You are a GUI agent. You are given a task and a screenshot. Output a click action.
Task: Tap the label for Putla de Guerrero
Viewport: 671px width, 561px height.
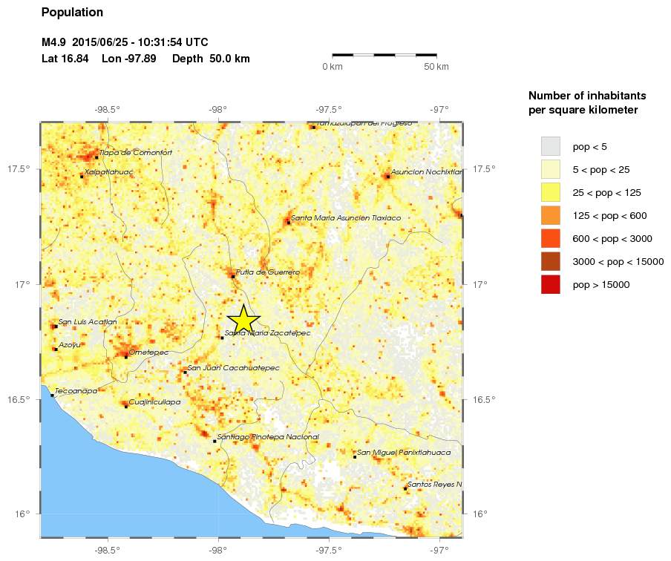[x=267, y=272]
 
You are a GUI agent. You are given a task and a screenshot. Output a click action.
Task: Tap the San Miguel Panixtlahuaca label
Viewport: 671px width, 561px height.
[x=404, y=452]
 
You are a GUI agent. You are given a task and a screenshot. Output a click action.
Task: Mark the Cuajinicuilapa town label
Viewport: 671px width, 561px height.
[x=154, y=401]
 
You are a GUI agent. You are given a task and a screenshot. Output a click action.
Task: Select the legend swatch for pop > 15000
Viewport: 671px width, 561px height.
[x=550, y=285]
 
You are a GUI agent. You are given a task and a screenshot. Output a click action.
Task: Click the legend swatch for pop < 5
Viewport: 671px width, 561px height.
[x=550, y=146]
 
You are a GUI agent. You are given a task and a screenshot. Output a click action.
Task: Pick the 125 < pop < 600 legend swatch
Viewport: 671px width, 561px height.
[x=550, y=215]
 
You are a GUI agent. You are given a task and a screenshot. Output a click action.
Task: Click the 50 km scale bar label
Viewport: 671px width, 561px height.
[x=436, y=68]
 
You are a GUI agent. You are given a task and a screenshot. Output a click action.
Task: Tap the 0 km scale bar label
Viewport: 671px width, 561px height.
[x=332, y=68]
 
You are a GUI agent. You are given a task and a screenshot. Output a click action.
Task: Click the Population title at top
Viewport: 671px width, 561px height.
[x=72, y=13]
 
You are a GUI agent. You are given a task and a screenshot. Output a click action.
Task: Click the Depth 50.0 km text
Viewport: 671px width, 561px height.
[x=211, y=59]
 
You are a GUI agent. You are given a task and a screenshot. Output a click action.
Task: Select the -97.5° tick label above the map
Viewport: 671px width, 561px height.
[x=328, y=110]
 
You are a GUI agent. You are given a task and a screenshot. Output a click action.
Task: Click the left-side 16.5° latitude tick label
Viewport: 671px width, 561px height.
[x=19, y=399]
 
